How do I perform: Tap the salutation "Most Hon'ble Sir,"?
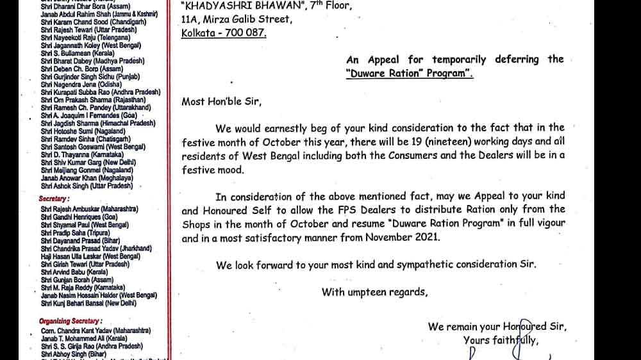pyautogui.click(x=222, y=101)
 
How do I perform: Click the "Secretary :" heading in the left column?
pyautogui.click(x=54, y=199)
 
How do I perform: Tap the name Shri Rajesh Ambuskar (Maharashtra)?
pyautogui.click(x=89, y=209)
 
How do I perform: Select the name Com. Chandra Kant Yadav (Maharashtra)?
pyautogui.click(x=96, y=330)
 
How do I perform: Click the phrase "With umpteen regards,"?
pyautogui.click(x=374, y=292)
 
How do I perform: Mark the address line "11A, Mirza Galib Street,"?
pyautogui.click(x=237, y=19)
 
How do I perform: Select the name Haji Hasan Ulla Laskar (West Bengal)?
pyautogui.click(x=90, y=256)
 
